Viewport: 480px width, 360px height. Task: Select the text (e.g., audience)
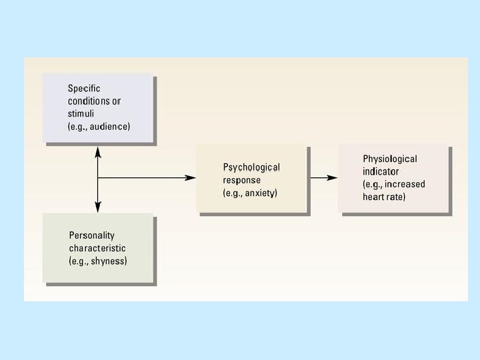pos(99,127)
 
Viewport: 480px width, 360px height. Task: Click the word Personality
pos(92,235)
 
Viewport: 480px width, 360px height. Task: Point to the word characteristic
pos(97,248)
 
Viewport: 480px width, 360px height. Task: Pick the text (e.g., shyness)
pos(98,261)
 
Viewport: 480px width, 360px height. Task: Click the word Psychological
pos(251,167)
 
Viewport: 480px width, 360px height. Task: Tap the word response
pos(242,180)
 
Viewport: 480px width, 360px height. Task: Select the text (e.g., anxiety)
pos(250,193)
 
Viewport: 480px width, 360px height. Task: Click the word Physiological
pos(390,159)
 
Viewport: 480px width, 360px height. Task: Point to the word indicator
pos(381,171)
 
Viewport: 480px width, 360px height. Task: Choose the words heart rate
pos(384,197)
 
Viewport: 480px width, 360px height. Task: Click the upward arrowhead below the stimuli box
pos(98,151)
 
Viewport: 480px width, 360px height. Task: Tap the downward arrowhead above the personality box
pos(98,207)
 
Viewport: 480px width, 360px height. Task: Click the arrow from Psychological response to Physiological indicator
pos(323,177)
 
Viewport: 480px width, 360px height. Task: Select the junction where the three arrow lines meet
pos(98,177)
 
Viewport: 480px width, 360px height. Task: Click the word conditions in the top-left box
pos(90,101)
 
